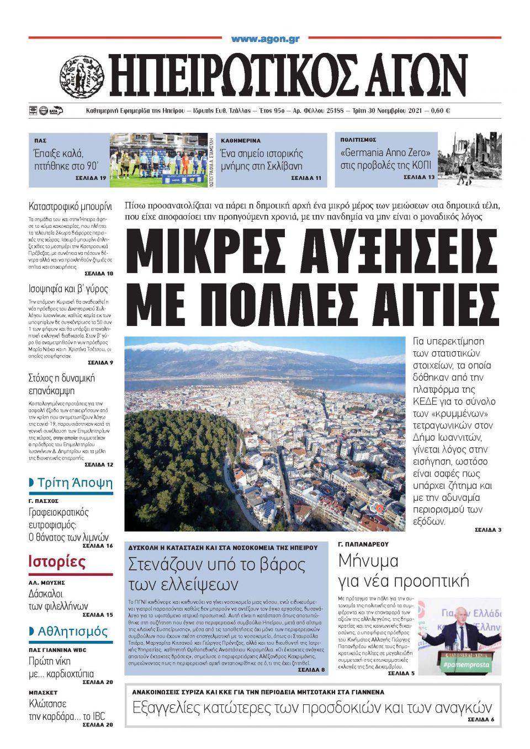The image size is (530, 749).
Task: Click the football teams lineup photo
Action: point(157,158)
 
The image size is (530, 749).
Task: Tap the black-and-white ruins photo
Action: point(469,158)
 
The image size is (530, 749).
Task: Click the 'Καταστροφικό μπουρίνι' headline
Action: point(70,207)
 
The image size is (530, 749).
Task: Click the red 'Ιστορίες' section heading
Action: point(57,563)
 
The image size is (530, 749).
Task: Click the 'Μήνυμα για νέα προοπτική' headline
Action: point(403,571)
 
